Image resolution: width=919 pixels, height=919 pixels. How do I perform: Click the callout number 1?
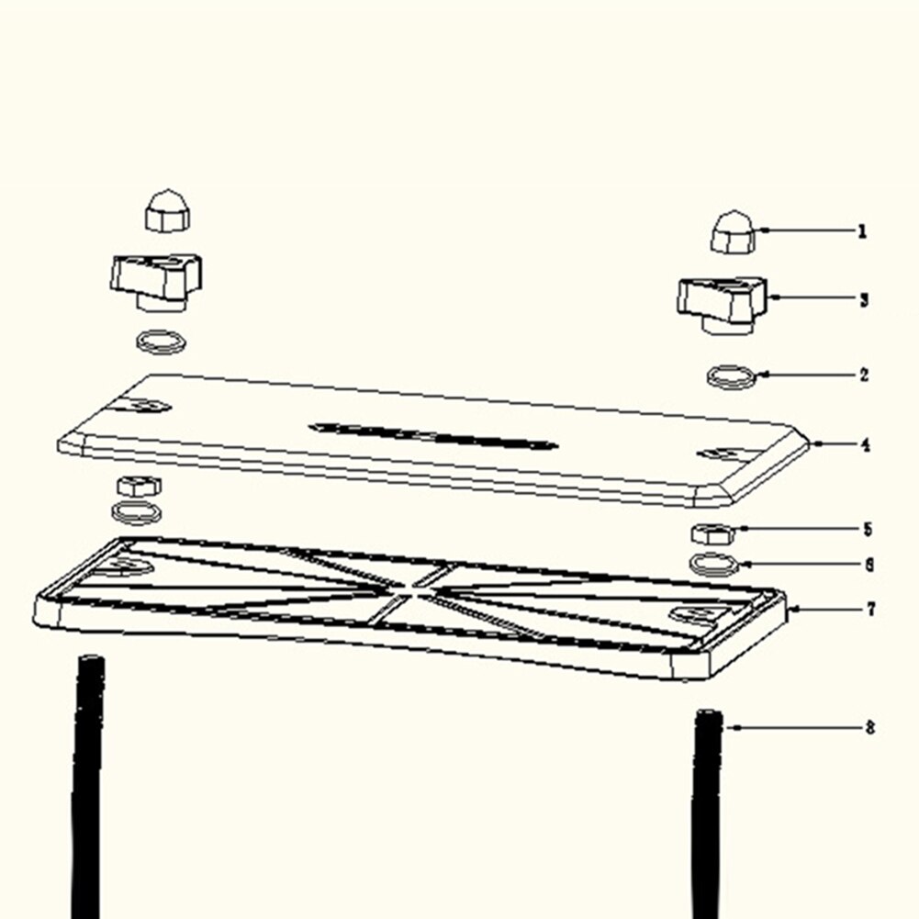861,231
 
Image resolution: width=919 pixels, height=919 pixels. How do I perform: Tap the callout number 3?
863,300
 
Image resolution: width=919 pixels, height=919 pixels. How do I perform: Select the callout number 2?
864,375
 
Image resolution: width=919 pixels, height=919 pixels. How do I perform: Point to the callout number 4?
865,445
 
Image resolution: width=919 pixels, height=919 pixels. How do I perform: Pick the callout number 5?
868,529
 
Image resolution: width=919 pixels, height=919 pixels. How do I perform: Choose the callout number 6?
869,565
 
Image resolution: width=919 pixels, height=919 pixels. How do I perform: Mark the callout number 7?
871,610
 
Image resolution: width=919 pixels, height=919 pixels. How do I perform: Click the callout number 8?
869,728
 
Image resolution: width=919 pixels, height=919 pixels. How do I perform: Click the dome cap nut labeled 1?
734,232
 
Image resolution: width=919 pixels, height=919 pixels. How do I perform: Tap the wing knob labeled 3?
723,306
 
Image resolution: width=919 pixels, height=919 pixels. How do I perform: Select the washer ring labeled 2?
730,376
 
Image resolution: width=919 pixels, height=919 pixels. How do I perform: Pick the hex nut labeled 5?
712,534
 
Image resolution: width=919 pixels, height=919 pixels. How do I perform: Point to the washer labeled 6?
712,565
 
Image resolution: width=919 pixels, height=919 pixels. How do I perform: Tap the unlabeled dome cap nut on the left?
168,210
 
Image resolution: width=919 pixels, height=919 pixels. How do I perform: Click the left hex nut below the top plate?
139,487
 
